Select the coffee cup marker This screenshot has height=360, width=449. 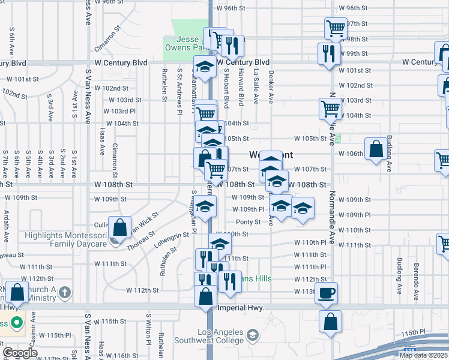pos(327,293)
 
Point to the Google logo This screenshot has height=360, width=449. pos(20,353)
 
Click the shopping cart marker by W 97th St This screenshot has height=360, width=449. pos(336,28)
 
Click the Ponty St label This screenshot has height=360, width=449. pos(247,222)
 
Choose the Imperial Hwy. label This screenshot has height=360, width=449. pos(240,308)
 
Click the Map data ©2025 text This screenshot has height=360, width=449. pos(423,355)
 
